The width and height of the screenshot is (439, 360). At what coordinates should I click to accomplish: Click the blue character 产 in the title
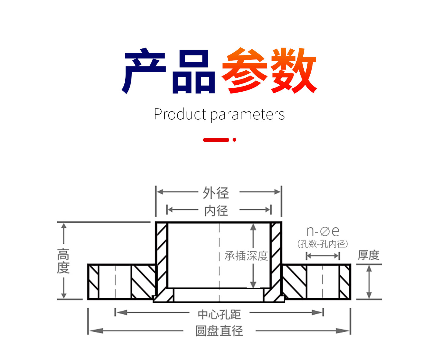pyautogui.click(x=144, y=71)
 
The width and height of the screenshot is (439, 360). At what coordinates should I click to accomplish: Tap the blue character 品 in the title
pyautogui.click(x=194, y=71)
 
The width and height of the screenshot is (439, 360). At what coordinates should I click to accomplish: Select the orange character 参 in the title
pyautogui.click(x=244, y=70)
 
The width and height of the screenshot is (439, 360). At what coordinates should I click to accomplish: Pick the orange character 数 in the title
pyautogui.click(x=294, y=70)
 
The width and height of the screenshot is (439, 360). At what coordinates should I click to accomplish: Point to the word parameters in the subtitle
pyautogui.click(x=248, y=115)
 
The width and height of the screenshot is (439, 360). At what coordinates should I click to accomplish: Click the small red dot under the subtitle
pyautogui.click(x=234, y=140)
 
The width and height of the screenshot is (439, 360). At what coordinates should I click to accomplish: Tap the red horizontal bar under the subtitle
pyautogui.click(x=216, y=140)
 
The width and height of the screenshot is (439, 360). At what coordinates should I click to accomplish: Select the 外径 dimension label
pyautogui.click(x=216, y=192)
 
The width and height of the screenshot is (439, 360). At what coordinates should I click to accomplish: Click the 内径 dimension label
pyautogui.click(x=216, y=210)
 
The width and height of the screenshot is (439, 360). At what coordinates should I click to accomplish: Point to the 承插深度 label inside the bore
pyautogui.click(x=246, y=256)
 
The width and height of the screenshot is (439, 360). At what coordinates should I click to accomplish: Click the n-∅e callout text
pyautogui.click(x=323, y=231)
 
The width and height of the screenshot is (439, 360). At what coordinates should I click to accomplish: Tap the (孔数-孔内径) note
pyautogui.click(x=323, y=244)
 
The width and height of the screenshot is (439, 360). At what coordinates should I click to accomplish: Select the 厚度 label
pyautogui.click(x=369, y=255)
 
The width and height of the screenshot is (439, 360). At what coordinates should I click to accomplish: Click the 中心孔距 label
pyautogui.click(x=219, y=314)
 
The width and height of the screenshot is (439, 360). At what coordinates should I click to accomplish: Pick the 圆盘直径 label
pyautogui.click(x=219, y=331)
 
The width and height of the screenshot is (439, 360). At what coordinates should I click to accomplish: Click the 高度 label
pyautogui.click(x=63, y=261)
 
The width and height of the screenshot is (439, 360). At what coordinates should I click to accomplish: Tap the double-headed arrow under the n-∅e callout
pyautogui.click(x=323, y=256)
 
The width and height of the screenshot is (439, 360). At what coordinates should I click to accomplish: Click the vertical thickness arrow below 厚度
pyautogui.click(x=369, y=282)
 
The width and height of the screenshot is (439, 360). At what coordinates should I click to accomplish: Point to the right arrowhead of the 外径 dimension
pyautogui.click(x=277, y=192)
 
